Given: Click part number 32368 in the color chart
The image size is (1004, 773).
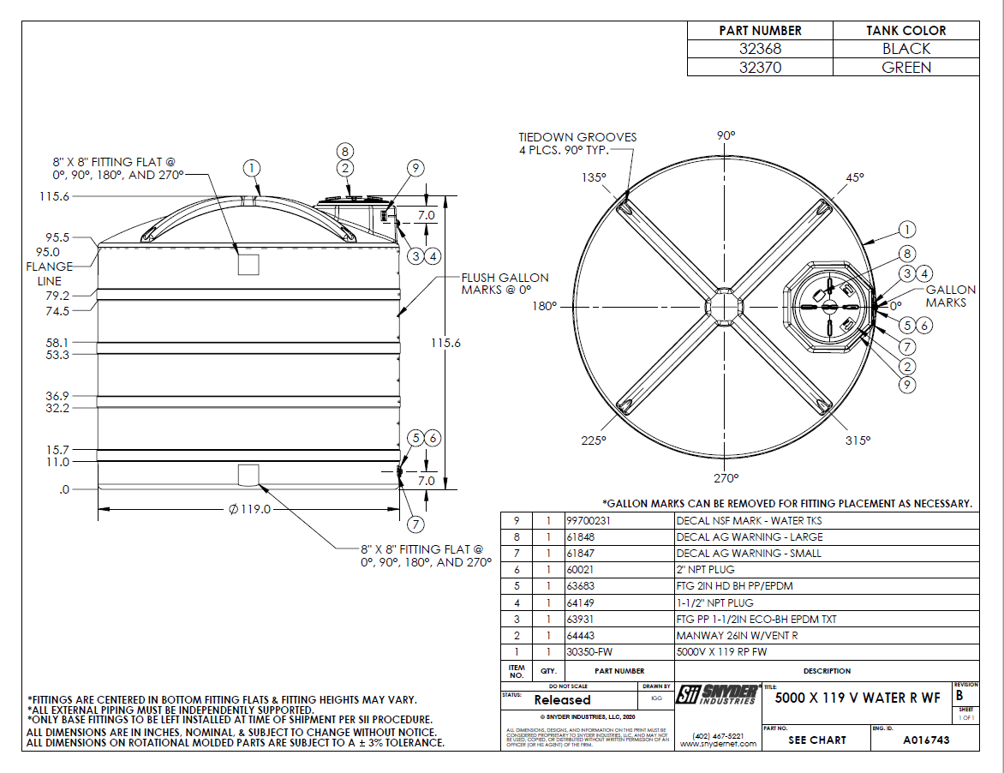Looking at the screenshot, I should [760, 49].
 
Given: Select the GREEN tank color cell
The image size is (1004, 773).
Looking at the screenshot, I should [906, 68].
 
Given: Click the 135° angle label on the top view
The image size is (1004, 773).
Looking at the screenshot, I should [595, 177].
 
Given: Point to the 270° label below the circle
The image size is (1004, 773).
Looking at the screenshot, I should [726, 477].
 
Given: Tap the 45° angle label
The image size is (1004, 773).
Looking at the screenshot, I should [854, 177].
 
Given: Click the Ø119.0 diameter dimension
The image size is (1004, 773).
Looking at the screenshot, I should [249, 509].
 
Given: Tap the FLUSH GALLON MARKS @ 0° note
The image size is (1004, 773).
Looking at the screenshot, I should [505, 284].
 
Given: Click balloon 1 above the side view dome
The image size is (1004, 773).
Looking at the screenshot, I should [251, 168].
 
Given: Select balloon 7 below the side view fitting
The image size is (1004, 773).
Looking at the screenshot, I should [416, 524].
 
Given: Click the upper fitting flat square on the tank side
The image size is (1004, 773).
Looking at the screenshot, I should [248, 265].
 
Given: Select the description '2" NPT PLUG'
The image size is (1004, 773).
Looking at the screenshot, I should [705, 570].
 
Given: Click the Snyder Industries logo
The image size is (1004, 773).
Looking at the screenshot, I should [716, 695].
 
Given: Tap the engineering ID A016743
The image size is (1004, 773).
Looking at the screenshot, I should [926, 740].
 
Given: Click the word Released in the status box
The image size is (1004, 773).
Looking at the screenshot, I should [562, 700].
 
